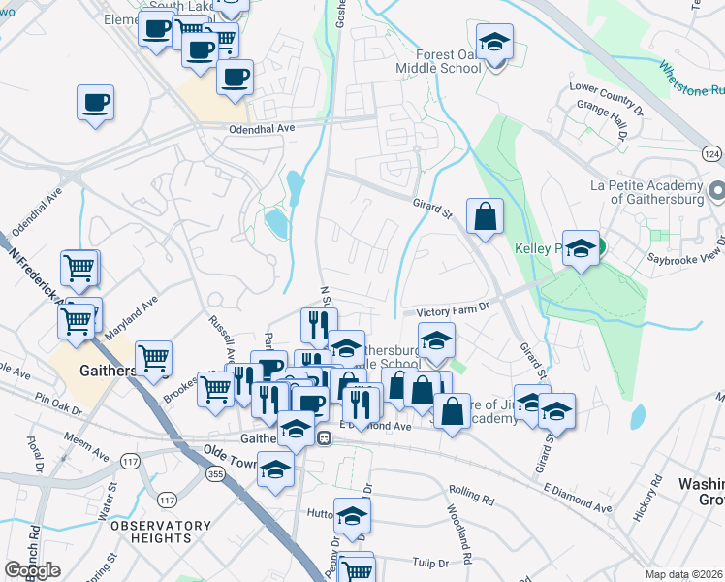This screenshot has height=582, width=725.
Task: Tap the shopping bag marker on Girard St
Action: click(484, 218)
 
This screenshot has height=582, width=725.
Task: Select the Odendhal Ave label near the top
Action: click(261, 128)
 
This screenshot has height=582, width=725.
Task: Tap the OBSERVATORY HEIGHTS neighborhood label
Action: click(150, 531)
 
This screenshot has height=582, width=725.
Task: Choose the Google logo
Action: click(32, 570)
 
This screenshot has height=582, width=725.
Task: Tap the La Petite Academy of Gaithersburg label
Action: click(646, 192)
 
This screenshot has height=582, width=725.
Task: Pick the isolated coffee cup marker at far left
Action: click(95, 102)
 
